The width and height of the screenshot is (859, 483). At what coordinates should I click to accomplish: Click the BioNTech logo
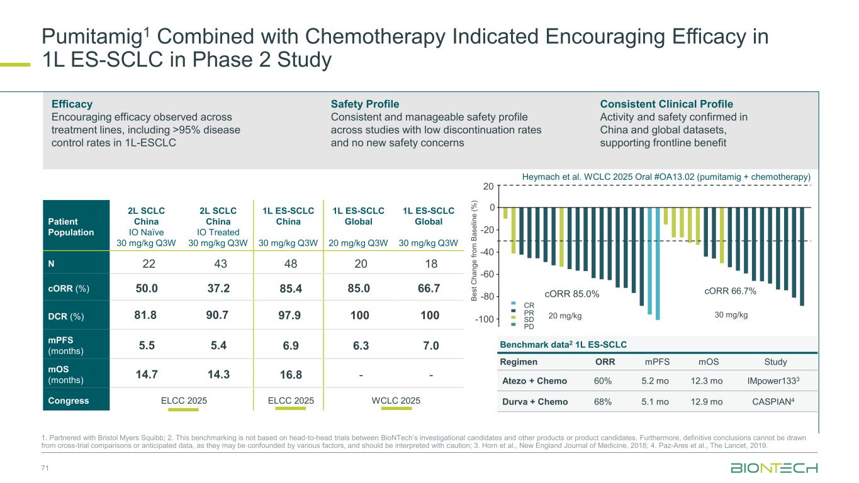tap(773, 469)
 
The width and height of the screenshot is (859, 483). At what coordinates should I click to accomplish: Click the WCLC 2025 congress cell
tap(395, 401)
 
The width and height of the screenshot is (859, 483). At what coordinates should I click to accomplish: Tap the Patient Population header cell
tap(70, 226)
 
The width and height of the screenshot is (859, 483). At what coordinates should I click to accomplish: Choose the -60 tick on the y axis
tap(487, 275)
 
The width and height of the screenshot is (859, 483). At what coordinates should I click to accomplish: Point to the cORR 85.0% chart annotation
tap(571, 293)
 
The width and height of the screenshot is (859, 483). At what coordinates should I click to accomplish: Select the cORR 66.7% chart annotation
tap(730, 291)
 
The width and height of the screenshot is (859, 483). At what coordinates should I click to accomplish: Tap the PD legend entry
tap(529, 326)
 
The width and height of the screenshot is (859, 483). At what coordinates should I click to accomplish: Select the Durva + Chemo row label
tap(534, 401)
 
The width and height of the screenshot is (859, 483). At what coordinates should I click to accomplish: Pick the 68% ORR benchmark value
tap(602, 401)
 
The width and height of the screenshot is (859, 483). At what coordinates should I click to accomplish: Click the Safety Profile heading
tap(365, 104)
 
